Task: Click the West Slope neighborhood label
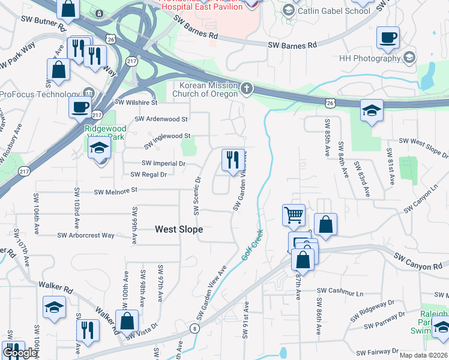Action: pos(179,229)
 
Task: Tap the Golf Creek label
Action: pos(253,244)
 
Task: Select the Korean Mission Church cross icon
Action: pos(246,89)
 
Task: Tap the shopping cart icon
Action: pos(294,214)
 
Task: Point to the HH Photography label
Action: pos(369,58)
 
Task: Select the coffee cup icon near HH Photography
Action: pos(388,37)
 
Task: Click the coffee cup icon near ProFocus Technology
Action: pos(80,108)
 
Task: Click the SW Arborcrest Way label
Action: pos(86,235)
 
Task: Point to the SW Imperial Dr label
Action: pos(163,163)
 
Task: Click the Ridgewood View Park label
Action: pos(104,132)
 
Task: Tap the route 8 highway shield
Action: pos(194,328)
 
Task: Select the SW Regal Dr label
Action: pos(148,174)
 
